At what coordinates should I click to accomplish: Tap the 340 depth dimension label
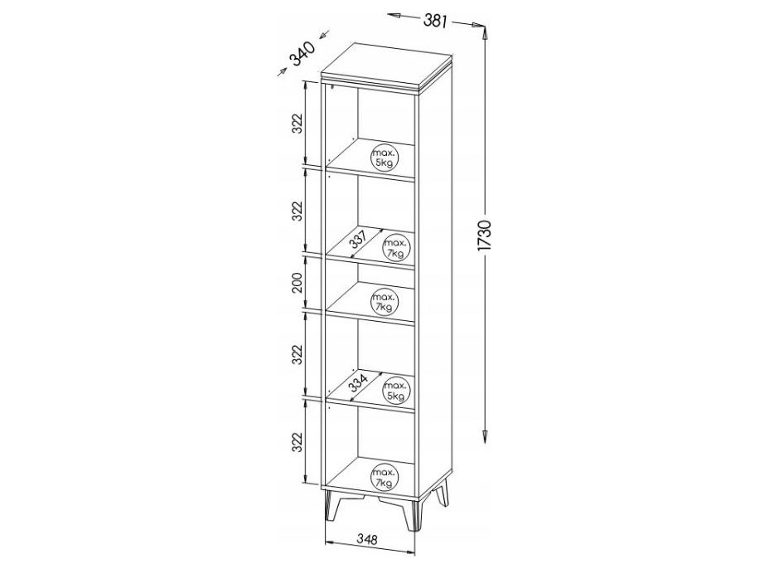pyautogui.click(x=302, y=54)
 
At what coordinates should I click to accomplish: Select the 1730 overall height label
pyautogui.click(x=484, y=236)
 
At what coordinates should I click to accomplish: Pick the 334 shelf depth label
pyautogui.click(x=358, y=382)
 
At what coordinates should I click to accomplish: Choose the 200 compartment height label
pyautogui.click(x=297, y=282)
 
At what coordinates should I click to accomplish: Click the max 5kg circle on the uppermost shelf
pyautogui.click(x=384, y=158)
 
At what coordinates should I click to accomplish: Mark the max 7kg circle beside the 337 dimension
pyautogui.click(x=396, y=248)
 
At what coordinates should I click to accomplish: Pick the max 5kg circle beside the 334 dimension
pyautogui.click(x=396, y=390)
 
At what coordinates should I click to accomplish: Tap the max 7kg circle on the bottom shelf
pyautogui.click(x=384, y=477)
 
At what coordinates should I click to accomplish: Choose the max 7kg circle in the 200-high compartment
pyautogui.click(x=384, y=301)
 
